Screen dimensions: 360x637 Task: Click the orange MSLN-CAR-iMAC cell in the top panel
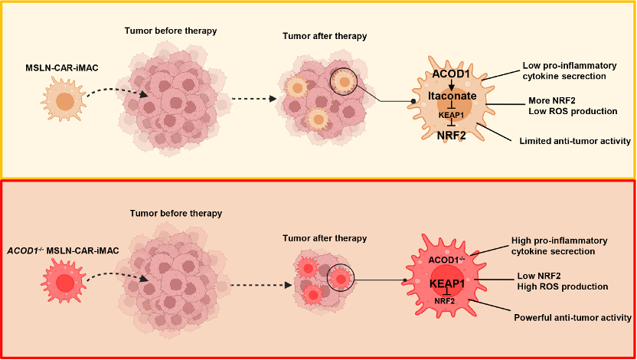(64, 102)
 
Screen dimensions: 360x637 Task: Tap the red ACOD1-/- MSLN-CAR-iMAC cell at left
(64, 283)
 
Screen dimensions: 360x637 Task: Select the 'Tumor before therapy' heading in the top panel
(171, 31)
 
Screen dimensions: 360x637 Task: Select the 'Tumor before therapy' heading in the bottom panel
(176, 212)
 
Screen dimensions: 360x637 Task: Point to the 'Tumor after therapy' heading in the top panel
(325, 36)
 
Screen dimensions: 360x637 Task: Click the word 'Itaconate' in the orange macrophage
(452, 96)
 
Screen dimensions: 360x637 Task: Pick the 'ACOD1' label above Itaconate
(452, 74)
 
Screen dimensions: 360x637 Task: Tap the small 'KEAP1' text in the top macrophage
(452, 114)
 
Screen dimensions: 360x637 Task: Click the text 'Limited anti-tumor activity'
(574, 140)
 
